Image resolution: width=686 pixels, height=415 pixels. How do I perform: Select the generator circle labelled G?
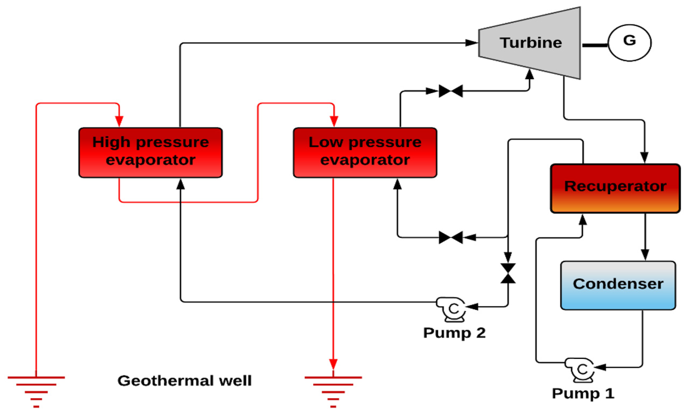click(629, 43)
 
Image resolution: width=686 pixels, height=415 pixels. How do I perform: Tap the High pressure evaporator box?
click(151, 152)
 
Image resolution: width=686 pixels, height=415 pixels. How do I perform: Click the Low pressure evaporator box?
click(365, 152)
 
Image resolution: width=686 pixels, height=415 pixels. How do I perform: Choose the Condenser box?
click(618, 285)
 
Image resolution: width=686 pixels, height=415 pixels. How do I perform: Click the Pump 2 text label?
click(454, 333)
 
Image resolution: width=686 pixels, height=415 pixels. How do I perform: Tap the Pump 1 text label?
click(583, 393)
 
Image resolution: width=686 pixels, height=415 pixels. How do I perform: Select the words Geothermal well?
click(185, 381)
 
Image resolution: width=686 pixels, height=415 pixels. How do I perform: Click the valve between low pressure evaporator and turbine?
click(451, 91)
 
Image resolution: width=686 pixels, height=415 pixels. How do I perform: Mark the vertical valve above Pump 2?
click(508, 273)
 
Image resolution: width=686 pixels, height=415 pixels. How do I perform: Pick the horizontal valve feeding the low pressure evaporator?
click(451, 237)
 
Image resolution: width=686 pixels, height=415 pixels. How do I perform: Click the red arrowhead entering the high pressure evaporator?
click(119, 121)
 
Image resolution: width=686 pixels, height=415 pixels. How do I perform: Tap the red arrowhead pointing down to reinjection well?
click(333, 364)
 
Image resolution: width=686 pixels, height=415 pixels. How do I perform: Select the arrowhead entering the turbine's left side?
click(471, 43)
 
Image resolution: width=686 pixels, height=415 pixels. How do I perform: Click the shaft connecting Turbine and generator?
click(595, 45)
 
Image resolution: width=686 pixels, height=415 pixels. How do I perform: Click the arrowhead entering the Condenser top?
click(645, 255)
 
